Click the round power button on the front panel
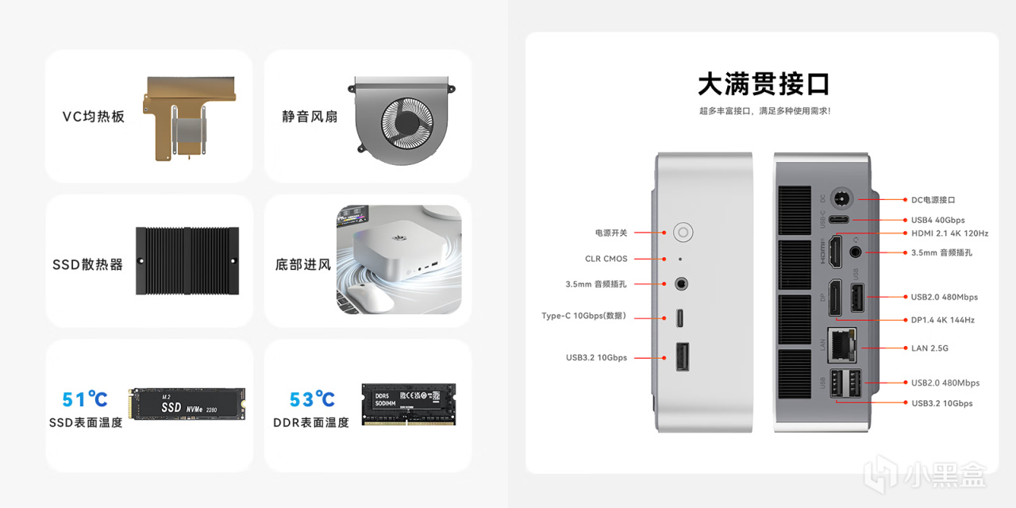coord(683,233)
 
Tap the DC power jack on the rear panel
coord(841,198)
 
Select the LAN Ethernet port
coord(842,345)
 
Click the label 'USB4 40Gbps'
coord(938,220)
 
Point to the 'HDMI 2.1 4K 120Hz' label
coord(950,233)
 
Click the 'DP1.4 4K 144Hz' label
coord(943,320)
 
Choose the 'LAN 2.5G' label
coord(929,348)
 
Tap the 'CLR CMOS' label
coord(606,259)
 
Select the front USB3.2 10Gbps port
coord(683,357)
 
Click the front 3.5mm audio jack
coord(681,284)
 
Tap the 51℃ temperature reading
coord(85,398)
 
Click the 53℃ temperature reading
coord(312,398)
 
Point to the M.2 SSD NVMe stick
coord(187,404)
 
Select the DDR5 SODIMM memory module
coord(409,404)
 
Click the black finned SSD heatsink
coord(187,261)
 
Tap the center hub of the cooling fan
coord(407,123)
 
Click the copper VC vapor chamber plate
coord(189,118)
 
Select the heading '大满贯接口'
coord(764,84)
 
